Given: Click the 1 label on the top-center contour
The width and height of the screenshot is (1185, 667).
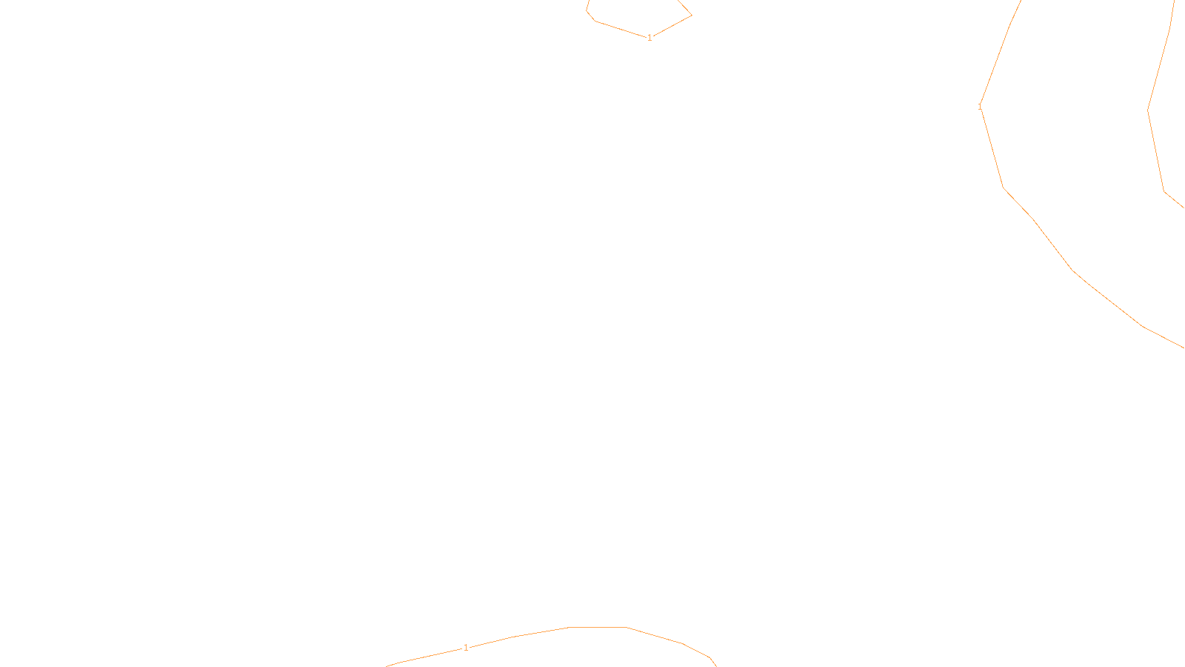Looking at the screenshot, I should pos(650,38).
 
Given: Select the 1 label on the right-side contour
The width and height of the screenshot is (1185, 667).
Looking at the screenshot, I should pos(980,107).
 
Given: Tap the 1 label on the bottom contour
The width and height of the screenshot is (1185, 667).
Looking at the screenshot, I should pos(466,648).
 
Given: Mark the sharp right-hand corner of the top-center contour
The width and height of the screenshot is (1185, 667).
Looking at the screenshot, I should pos(692,15).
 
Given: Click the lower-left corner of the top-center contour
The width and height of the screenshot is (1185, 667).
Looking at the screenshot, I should pos(595,21).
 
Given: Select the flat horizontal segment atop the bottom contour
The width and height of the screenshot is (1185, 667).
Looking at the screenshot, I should pos(598,628).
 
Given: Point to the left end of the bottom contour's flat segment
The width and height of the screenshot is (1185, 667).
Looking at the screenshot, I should pos(569,628).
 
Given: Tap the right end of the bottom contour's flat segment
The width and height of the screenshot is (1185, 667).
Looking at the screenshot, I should pos(627,628).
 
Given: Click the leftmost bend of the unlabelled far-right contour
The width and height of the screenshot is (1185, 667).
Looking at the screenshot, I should pos(1148,110).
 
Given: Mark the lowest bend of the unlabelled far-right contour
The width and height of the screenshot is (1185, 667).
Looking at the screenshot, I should pos(1164,191).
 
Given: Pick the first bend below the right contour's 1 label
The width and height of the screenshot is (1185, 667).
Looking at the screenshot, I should pos(1004,188).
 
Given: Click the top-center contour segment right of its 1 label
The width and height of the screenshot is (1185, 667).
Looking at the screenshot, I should pos(671,26).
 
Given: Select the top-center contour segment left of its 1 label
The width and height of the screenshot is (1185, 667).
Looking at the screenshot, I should pos(622,30).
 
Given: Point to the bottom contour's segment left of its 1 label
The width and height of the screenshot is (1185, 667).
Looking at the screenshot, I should pos(430,656).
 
